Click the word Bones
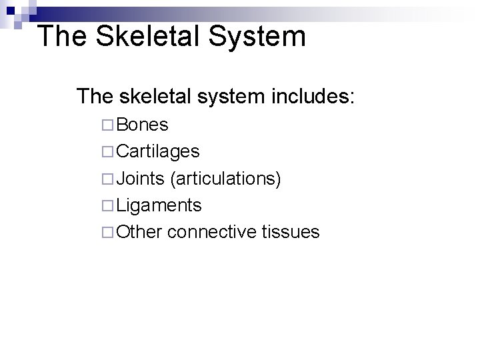[142, 125]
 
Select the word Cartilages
[158, 151]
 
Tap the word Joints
[140, 178]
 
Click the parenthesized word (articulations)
[225, 179]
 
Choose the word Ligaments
[159, 205]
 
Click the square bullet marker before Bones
[109, 125]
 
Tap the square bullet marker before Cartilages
[109, 152]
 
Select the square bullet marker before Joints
[109, 179]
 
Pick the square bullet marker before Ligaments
[109, 205]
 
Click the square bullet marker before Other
[109, 232]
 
